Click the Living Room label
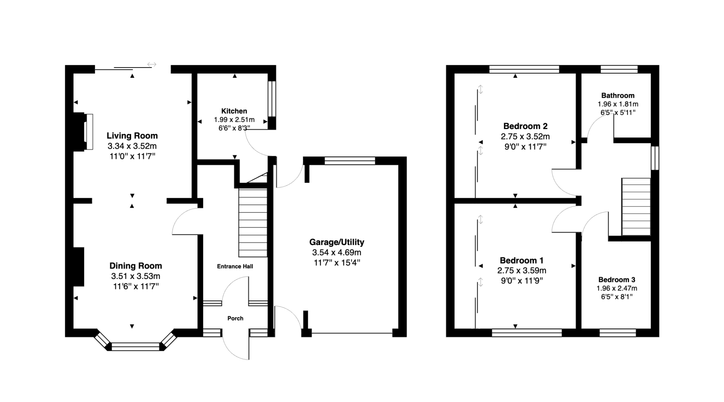[132, 136]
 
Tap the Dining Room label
[136, 266]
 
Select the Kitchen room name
[234, 111]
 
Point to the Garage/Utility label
[337, 242]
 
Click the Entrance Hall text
[235, 266]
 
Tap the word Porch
[235, 319]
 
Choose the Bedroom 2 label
[525, 126]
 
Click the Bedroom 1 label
[522, 260]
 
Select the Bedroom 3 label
[617, 280]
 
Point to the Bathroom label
[618, 95]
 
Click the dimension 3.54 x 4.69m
[337, 253]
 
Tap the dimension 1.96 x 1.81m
[618, 104]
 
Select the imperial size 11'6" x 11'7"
[136, 286]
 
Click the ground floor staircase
[253, 223]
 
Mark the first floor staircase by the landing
[636, 207]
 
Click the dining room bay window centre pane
[136, 347]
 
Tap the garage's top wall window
[350, 161]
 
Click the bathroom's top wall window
[619, 69]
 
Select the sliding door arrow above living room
[152, 65]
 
